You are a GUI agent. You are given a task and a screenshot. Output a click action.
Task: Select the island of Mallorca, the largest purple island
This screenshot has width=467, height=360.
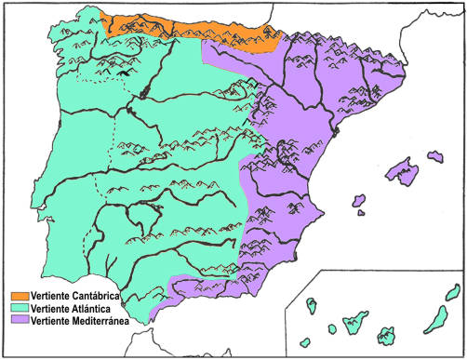pos(402,169)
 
